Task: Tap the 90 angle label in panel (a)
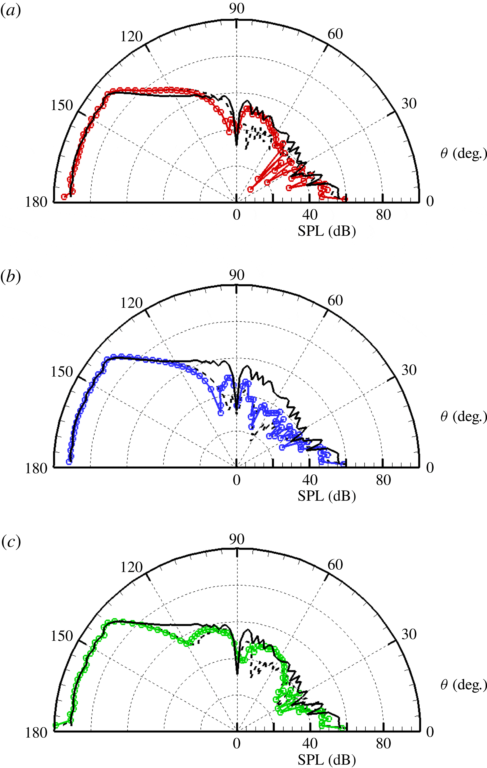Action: click(237, 9)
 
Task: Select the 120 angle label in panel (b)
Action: click(131, 303)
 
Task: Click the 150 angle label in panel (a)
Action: click(62, 105)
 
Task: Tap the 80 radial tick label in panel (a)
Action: click(383, 215)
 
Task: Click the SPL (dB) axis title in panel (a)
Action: click(327, 231)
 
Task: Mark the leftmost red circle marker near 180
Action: click(64, 197)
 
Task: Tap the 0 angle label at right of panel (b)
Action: click(430, 467)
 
